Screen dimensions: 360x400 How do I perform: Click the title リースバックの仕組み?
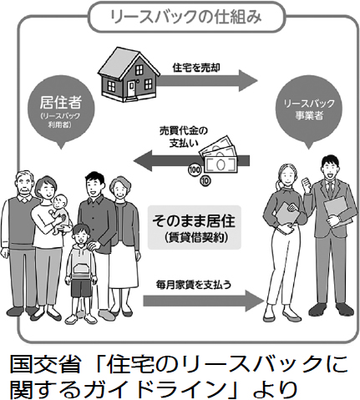coord(186,17)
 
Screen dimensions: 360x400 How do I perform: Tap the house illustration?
coord(129,75)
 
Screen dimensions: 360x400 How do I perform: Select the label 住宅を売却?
coord(196,68)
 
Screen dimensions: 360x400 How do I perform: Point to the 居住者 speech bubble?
coord(61,111)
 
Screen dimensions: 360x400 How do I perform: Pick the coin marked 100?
coord(195,170)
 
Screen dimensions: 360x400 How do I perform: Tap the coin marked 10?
coord(205,181)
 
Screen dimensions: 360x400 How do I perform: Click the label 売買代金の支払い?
coord(184,137)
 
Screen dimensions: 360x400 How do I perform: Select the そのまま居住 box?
coord(194,227)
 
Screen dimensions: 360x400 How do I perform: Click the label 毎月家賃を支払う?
coord(194,285)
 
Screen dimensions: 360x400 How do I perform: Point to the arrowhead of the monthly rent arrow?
coord(254,301)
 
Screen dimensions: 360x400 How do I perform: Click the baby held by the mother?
coord(59,214)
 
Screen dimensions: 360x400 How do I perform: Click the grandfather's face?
coord(24,186)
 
